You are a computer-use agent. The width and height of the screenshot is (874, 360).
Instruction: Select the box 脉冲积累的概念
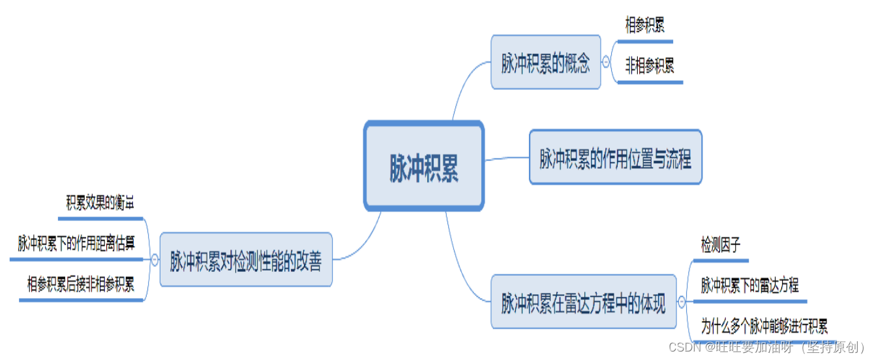point(545,63)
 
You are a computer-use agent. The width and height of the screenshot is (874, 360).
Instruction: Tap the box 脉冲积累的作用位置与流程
point(615,157)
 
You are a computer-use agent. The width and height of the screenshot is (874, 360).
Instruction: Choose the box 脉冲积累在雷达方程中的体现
point(583,303)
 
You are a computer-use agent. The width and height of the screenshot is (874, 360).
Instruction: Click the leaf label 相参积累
point(644,26)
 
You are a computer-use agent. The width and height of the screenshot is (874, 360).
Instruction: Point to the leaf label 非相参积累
point(649,66)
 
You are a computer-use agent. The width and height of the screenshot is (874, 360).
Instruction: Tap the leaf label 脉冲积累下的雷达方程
point(749,285)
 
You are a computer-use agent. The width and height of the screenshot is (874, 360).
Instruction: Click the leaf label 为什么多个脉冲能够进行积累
point(764,325)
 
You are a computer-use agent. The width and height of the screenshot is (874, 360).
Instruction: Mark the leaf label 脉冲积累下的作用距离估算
point(76,243)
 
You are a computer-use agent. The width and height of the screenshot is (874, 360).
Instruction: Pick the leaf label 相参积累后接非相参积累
point(80,284)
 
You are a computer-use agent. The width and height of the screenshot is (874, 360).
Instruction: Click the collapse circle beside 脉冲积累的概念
point(607,63)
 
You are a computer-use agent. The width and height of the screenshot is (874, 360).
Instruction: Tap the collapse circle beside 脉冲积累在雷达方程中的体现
point(682,302)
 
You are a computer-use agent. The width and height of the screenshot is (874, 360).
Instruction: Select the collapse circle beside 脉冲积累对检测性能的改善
point(155,260)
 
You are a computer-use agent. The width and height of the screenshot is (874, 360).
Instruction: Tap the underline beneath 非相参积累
point(650,82)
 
